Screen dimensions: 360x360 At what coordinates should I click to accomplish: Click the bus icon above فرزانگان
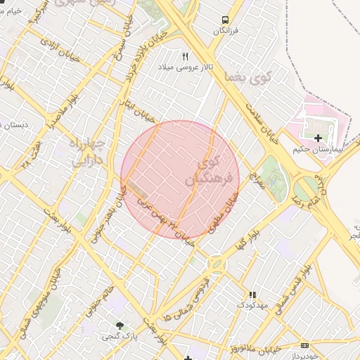[225, 20]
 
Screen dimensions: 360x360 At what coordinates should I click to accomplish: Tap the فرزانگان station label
[225, 32]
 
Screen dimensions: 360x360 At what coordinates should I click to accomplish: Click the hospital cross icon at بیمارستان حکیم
[319, 138]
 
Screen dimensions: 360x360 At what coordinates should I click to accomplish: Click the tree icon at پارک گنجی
[120, 326]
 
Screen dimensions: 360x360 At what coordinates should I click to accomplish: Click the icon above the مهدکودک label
[252, 295]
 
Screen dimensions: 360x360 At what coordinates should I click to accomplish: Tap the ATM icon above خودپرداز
[304, 345]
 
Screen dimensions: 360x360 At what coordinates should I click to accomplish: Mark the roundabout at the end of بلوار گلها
[216, 264]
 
